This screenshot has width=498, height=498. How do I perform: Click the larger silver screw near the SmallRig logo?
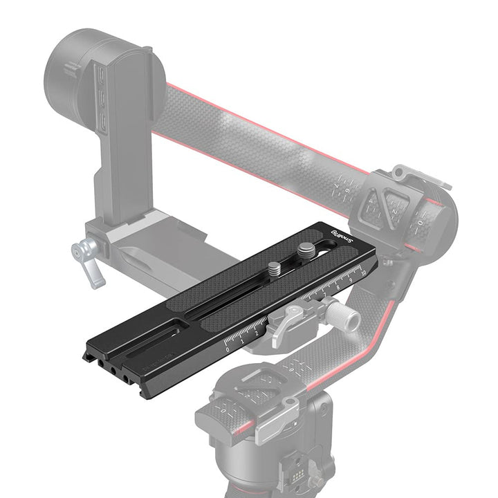coord(305,250)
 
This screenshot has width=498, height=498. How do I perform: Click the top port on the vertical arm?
coord(102,75)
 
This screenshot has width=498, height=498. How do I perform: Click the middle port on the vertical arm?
coord(102,99)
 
